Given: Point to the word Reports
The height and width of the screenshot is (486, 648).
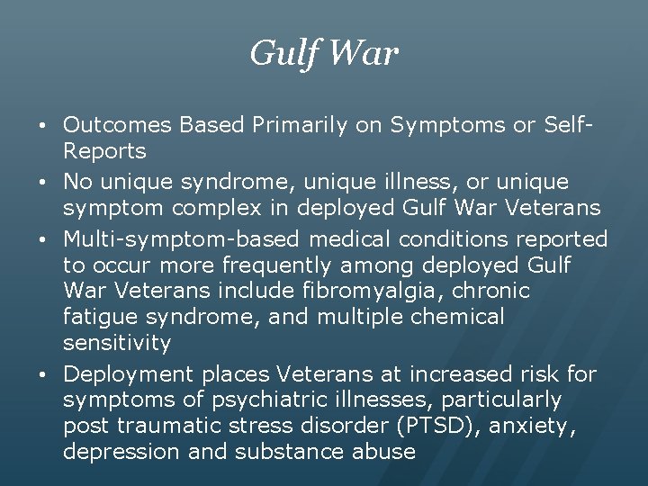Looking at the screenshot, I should tap(104, 150).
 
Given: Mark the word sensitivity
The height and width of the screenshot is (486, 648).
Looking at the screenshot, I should tap(117, 343).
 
